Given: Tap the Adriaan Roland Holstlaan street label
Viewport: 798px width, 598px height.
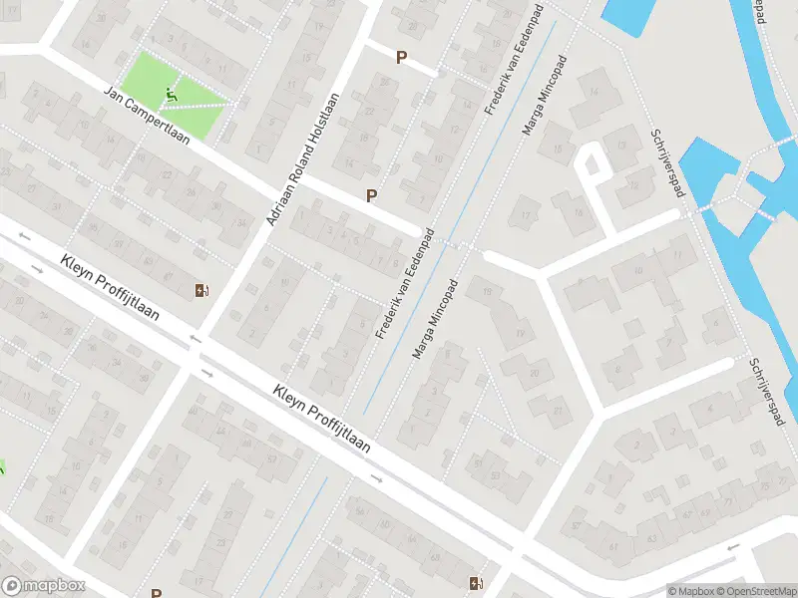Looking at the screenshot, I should [304, 159].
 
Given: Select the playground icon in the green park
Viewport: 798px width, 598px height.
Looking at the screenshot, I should [171, 96].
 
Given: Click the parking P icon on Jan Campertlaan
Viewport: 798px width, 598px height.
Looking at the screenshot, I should [372, 195].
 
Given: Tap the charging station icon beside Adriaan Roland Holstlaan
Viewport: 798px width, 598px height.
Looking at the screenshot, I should [202, 290].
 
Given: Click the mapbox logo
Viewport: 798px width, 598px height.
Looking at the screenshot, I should [44, 586].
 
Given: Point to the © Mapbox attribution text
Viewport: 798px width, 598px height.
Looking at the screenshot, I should [690, 591].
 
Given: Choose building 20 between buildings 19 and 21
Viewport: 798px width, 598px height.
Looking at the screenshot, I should [535, 372].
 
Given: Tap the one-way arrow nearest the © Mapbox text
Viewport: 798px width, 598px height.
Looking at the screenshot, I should [733, 546].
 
